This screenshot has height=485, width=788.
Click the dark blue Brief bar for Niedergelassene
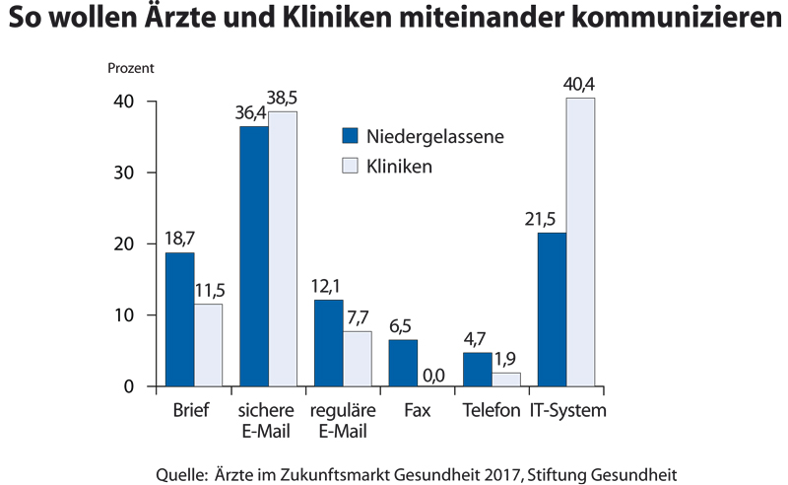179,319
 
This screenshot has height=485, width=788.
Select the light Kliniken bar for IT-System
580,242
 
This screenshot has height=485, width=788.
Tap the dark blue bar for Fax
403,363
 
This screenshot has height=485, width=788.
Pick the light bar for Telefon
506,380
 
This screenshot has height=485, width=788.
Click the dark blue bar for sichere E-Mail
254,256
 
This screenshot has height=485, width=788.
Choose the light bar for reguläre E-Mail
358,359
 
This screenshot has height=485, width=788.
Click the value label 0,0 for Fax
431,375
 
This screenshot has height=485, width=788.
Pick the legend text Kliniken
400,167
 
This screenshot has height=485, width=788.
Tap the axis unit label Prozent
131,70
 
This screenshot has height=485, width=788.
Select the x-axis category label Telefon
492,410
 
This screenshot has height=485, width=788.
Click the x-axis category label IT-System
567,410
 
